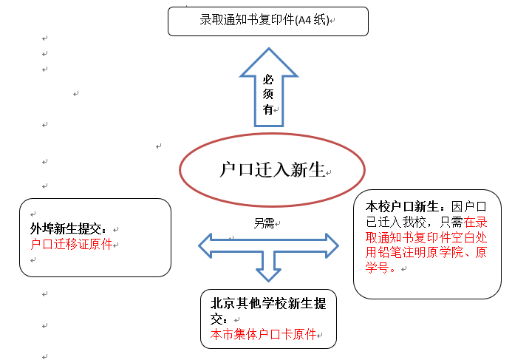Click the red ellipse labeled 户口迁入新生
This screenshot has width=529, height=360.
coord(273,170)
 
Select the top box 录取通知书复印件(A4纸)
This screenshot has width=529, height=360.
coord(267,20)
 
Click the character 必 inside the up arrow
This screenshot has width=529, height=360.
coord(268,78)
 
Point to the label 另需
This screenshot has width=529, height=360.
coord(264,223)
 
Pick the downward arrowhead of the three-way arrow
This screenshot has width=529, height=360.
coord(268,274)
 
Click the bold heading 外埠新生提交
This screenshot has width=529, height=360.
coord(68,229)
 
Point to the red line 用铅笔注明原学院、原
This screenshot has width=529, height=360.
coord(427,252)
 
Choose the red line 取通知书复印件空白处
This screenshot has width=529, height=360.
coord(427,237)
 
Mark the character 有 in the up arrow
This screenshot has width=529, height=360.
coord(268,109)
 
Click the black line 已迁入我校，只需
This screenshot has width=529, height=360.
coord(414,222)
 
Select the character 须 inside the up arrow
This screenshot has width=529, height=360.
coord(268,94)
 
